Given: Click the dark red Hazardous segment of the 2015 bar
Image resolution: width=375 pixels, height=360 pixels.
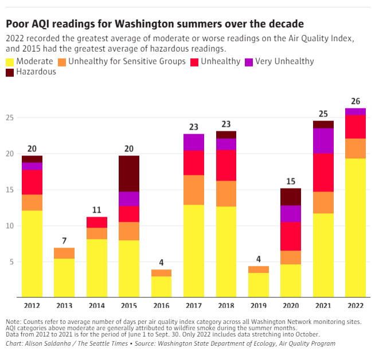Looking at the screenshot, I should (129, 173).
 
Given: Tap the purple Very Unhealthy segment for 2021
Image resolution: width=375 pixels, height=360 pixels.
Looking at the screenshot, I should (323, 140).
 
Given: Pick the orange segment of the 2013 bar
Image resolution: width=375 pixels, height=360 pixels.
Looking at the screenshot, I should (64, 253).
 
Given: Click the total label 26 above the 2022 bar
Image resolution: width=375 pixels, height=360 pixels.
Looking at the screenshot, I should (356, 101).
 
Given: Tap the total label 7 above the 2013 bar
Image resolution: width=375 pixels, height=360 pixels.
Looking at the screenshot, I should (64, 241).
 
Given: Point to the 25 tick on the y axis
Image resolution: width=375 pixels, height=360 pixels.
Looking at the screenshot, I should (10, 118).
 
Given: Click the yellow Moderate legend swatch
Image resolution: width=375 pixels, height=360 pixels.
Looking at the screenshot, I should (10, 61).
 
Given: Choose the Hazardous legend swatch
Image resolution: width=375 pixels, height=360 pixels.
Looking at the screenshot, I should (10, 72).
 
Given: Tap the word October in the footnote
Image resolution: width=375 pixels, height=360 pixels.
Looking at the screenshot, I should (300, 334).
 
